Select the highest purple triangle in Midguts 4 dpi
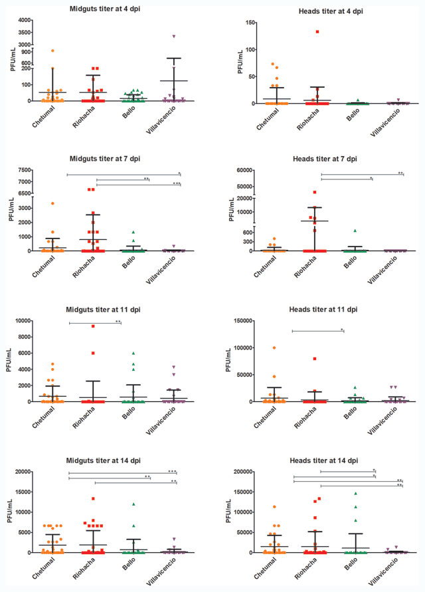click(x=174, y=37)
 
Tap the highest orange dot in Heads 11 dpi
click(x=274, y=347)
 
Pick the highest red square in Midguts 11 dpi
click(x=94, y=326)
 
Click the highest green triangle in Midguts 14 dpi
click(x=134, y=504)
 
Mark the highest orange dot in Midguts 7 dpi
click(x=53, y=203)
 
